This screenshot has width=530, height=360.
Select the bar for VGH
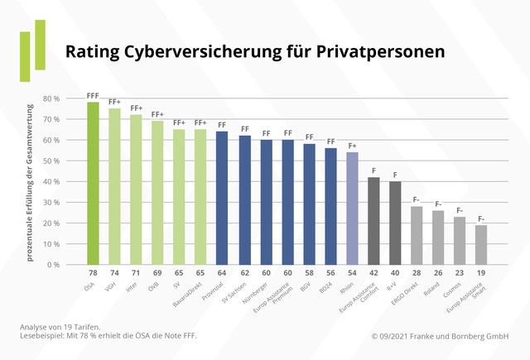coord(114,187)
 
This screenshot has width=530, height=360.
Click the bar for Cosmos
coord(460,241)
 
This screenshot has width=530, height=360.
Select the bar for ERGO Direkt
coord(417,236)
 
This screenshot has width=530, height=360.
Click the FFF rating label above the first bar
coord(93,95)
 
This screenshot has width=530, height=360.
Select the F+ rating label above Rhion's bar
coord(352,146)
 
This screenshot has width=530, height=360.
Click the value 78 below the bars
coord(93,273)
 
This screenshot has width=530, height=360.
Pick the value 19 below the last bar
coord(481,273)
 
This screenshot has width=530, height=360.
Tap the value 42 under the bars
coord(373,273)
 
